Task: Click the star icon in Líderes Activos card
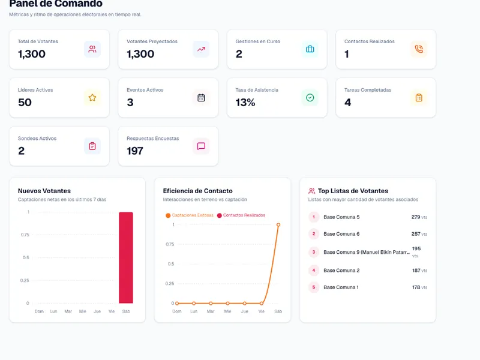click(x=92, y=98)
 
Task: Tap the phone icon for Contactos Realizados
click(x=419, y=49)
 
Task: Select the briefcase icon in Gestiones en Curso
click(x=310, y=49)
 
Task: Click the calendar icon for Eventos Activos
click(x=201, y=98)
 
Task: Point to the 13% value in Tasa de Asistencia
click(x=245, y=102)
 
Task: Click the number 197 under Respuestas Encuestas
click(x=135, y=151)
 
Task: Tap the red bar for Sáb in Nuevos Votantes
click(x=126, y=257)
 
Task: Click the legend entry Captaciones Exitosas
click(x=190, y=215)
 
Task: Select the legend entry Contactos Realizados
click(x=241, y=215)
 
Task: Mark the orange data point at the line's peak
click(x=278, y=224)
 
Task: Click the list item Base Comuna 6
click(x=341, y=234)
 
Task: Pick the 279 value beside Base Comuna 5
click(x=416, y=217)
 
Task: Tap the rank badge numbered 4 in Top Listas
click(x=313, y=271)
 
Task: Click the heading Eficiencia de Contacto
click(x=198, y=191)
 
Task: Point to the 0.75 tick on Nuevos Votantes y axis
click(x=25, y=235)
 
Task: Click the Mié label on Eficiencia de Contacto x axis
click(x=227, y=311)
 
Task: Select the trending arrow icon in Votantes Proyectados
click(x=201, y=49)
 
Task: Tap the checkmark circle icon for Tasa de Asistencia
click(x=310, y=98)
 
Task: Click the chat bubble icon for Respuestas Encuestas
click(x=201, y=146)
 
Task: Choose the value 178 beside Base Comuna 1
click(x=416, y=287)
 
